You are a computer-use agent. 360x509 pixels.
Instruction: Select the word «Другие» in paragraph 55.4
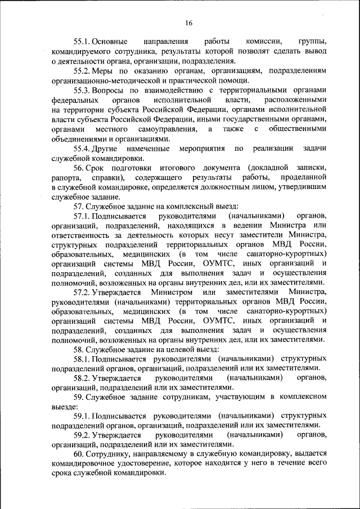click(x=106, y=148)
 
